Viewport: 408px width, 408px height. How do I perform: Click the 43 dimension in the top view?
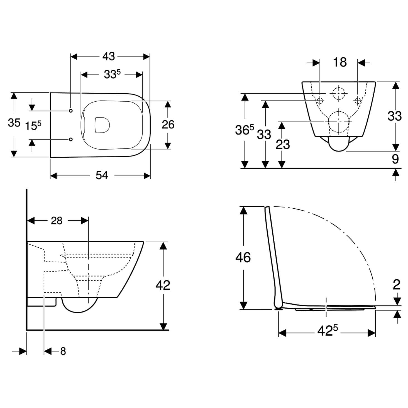pyautogui.click(x=108, y=57)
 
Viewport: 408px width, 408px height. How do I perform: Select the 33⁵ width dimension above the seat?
pyautogui.click(x=112, y=74)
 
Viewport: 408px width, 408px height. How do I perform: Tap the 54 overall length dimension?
pyautogui.click(x=102, y=175)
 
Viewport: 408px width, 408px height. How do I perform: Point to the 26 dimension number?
pyautogui.click(x=168, y=125)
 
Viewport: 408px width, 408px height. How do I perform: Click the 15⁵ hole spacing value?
pyautogui.click(x=33, y=125)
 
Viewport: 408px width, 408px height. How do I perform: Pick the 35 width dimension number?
pyautogui.click(x=14, y=123)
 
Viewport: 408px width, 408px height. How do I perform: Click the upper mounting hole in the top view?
pyautogui.click(x=71, y=111)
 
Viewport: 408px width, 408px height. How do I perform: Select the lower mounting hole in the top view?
pyautogui.click(x=71, y=139)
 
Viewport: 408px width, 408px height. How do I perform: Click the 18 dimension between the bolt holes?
pyautogui.click(x=340, y=62)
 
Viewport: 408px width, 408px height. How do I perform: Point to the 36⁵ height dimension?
pyautogui.click(x=244, y=130)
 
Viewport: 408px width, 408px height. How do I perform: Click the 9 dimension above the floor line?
pyautogui.click(x=395, y=159)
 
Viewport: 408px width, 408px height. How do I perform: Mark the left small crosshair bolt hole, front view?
pyautogui.click(x=320, y=100)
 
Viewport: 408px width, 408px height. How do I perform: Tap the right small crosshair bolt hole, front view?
pyautogui.click(x=358, y=100)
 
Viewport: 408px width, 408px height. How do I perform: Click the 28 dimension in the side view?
pyautogui.click(x=57, y=221)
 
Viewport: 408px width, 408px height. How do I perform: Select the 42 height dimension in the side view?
pyautogui.click(x=163, y=285)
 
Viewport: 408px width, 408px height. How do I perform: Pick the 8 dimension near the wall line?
pyautogui.click(x=63, y=351)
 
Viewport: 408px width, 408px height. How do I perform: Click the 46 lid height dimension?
pyautogui.click(x=243, y=258)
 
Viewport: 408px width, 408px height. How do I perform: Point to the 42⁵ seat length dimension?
pyautogui.click(x=327, y=331)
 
